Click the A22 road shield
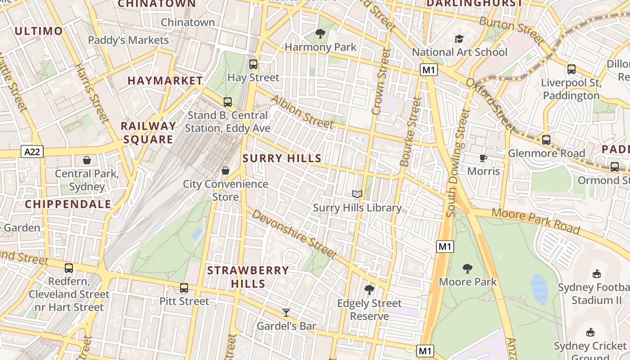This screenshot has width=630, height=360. click(32, 152)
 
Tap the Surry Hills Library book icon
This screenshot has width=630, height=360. click(357, 194)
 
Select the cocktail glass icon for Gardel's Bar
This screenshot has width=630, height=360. click(286, 312)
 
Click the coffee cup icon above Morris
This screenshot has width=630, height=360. click(483, 158)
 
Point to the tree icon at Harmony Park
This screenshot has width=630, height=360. click(320, 34)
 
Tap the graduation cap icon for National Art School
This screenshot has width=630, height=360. click(459, 39)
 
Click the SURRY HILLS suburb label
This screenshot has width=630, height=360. click(282, 158)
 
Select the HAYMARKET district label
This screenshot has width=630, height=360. click(165, 81)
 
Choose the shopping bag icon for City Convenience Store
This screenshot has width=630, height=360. click(225, 171)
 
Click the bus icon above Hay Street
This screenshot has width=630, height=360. click(253, 64)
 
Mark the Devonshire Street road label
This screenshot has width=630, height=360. click(294, 234)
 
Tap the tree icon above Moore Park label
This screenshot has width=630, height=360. click(468, 269)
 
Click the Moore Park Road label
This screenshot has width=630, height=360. click(535, 220)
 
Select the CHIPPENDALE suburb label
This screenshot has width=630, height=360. click(68, 204)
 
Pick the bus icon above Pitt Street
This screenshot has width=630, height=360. click(184, 288)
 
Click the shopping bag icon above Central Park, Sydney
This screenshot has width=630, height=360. click(87, 160)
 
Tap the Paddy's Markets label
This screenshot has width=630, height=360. click(128, 40)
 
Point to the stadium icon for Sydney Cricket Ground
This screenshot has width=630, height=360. click(590, 333)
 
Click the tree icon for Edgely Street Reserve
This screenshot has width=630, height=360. click(369, 290)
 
